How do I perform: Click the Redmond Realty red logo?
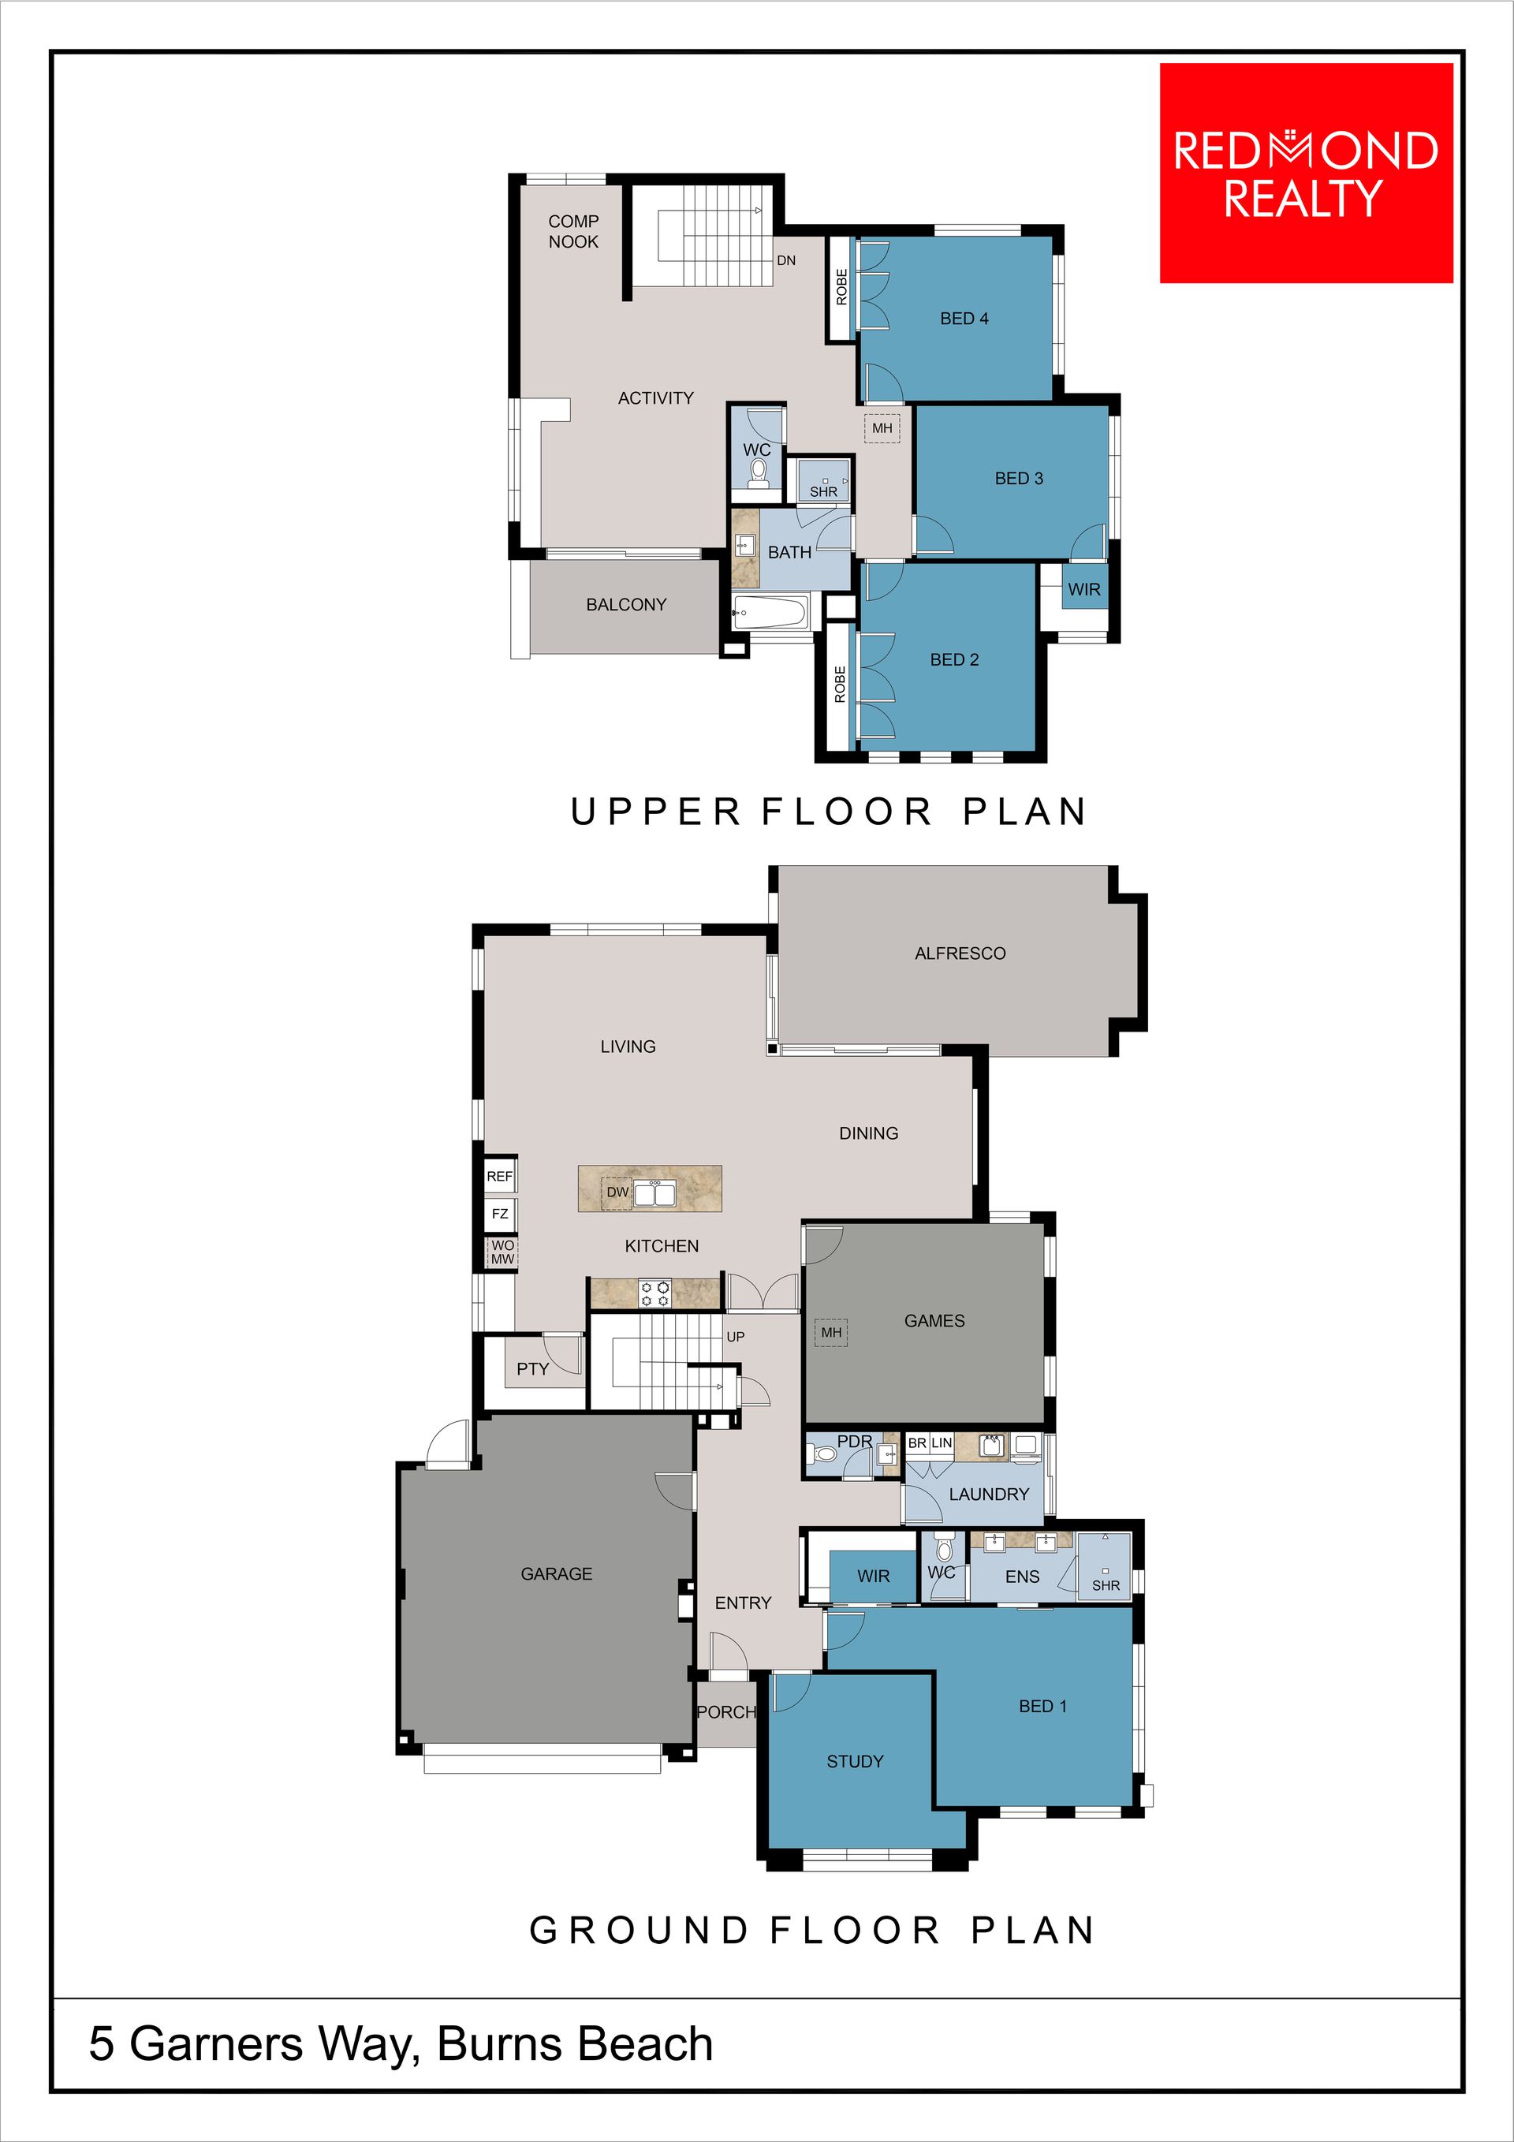point(1306,173)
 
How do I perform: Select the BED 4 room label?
point(964,318)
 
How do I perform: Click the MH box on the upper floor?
point(882,428)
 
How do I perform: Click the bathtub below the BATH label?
point(770,613)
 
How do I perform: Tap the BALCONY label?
point(626,605)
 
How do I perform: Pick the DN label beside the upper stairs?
point(786,260)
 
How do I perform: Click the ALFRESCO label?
point(960,953)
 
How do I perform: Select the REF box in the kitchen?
point(500,1177)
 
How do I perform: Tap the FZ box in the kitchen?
point(500,1214)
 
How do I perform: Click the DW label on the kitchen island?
point(617,1192)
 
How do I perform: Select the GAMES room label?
point(934,1320)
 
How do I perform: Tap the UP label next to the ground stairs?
point(735,1337)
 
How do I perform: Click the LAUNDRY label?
point(989,1494)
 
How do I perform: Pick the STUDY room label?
point(855,1761)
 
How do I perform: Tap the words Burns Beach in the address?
point(575,2044)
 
